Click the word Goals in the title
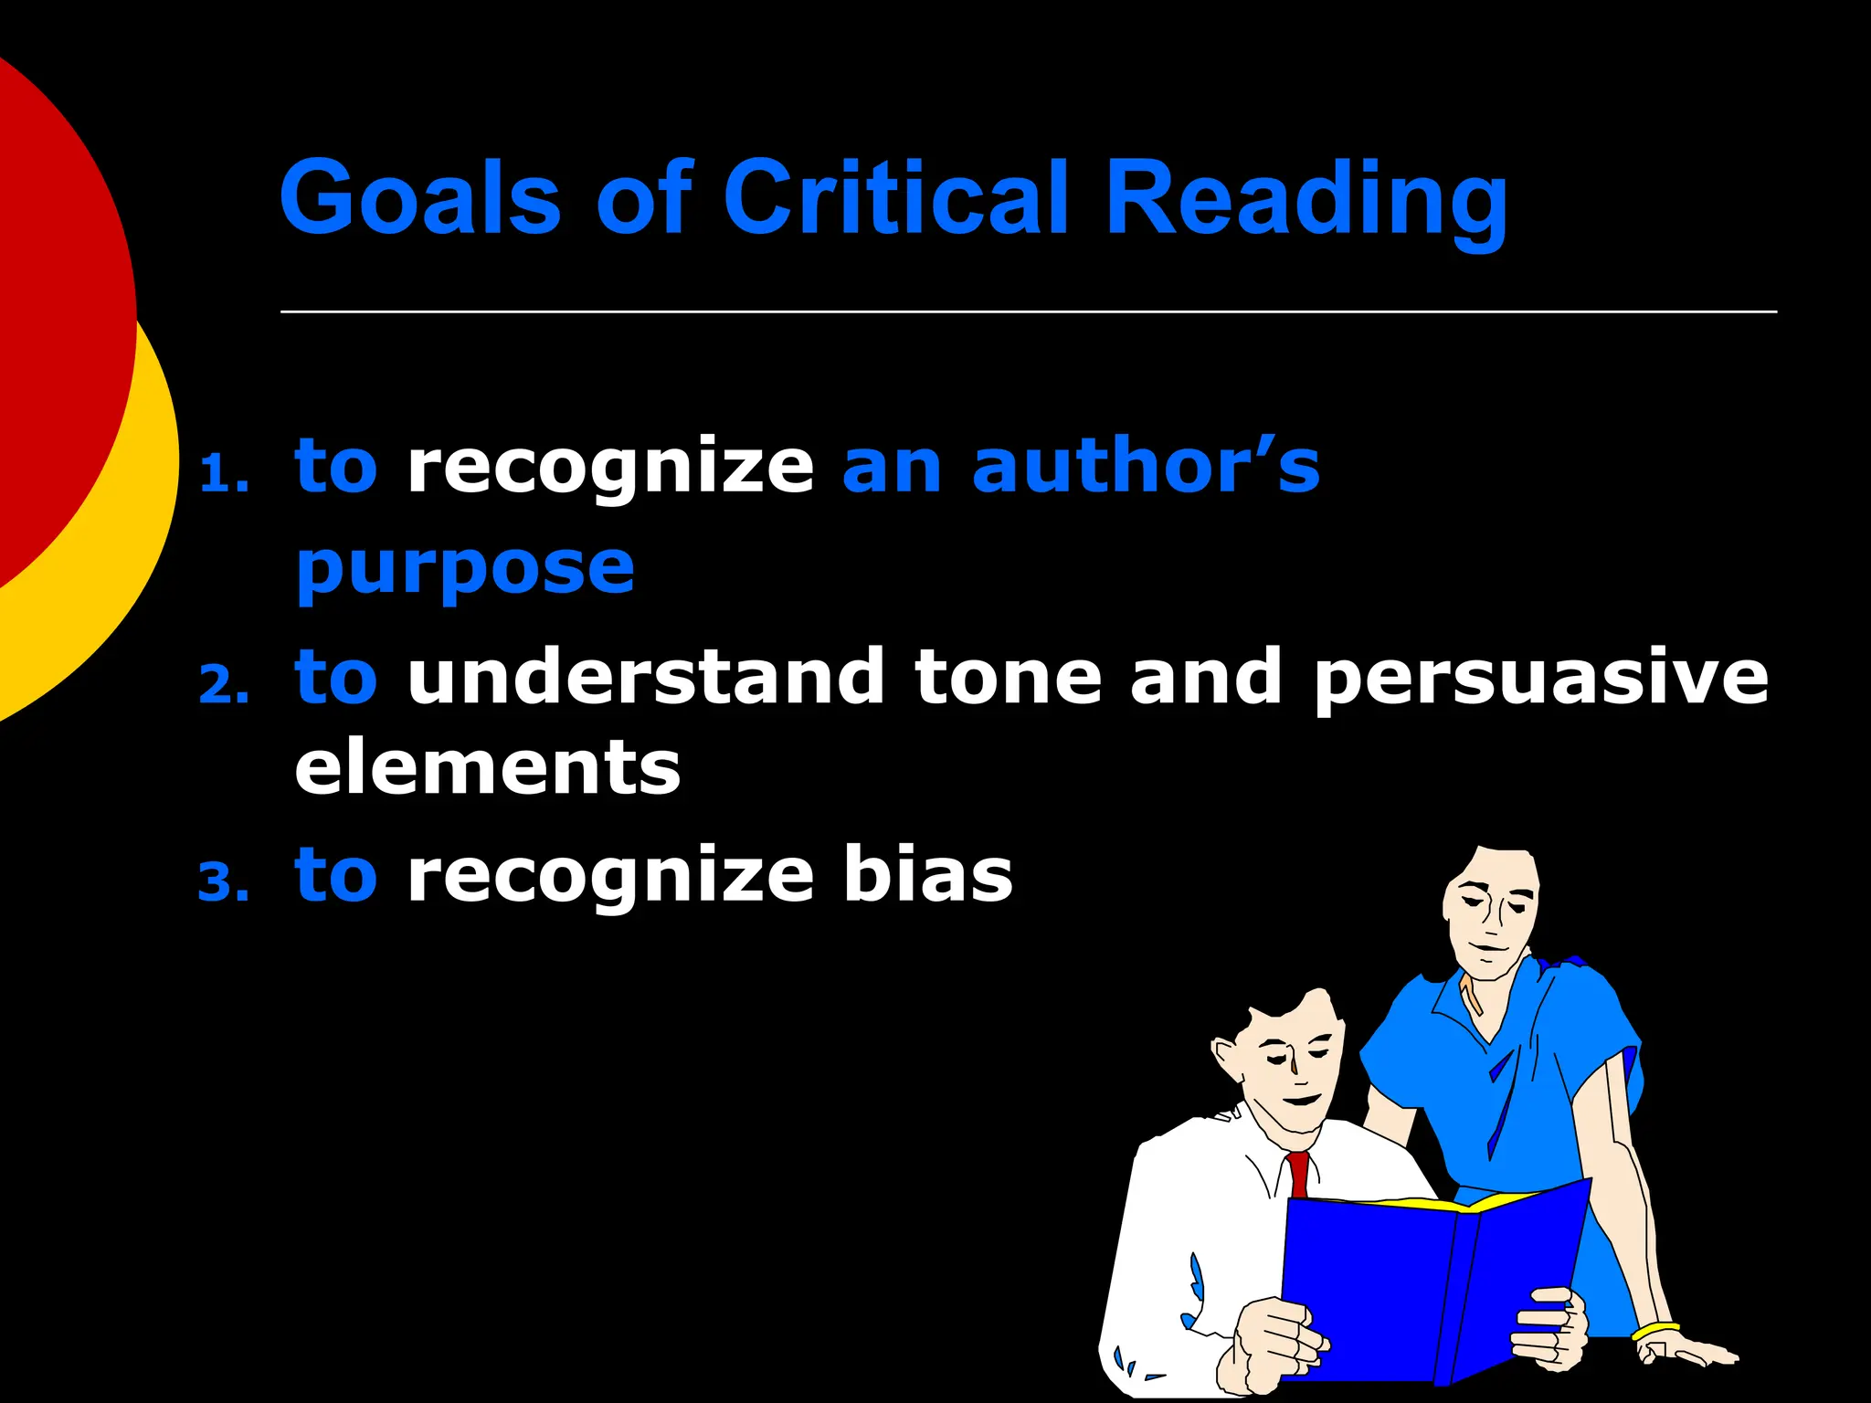pyautogui.click(x=419, y=197)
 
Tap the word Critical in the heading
pyautogui.click(x=895, y=197)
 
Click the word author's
pyautogui.click(x=1146, y=466)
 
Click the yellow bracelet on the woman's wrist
pyautogui.click(x=1655, y=1331)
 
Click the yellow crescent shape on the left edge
pyautogui.click(x=137, y=548)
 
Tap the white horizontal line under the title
pyautogui.click(x=1028, y=311)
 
